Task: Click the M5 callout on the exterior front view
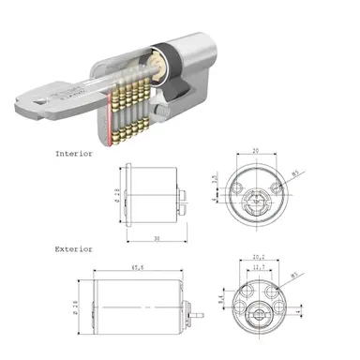tap(294, 276)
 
